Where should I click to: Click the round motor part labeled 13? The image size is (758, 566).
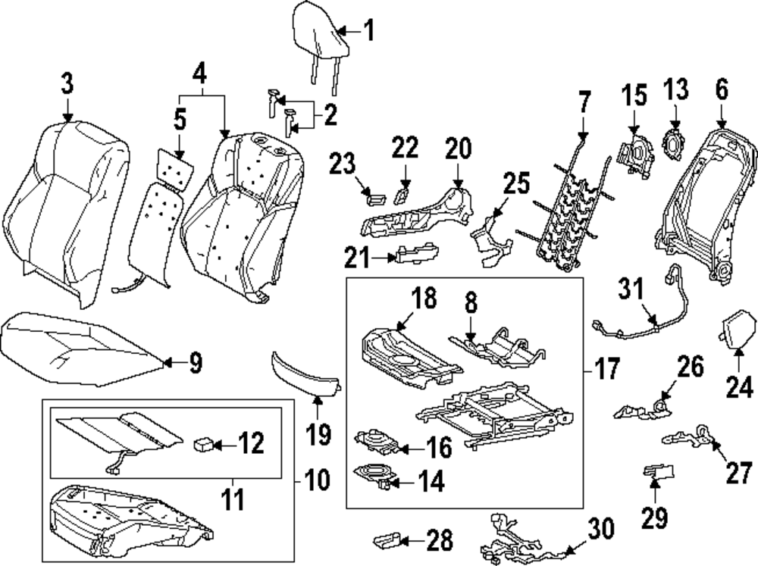[x=672, y=142]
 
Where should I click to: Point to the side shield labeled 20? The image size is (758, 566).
[x=417, y=216]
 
